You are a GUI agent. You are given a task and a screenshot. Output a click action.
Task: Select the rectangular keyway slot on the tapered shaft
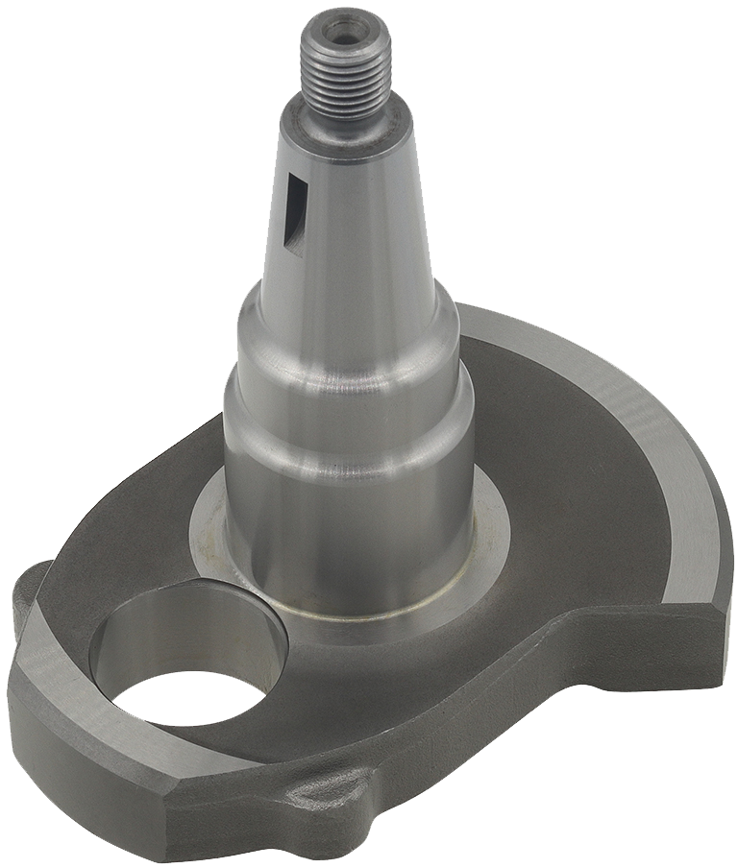coord(294,216)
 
